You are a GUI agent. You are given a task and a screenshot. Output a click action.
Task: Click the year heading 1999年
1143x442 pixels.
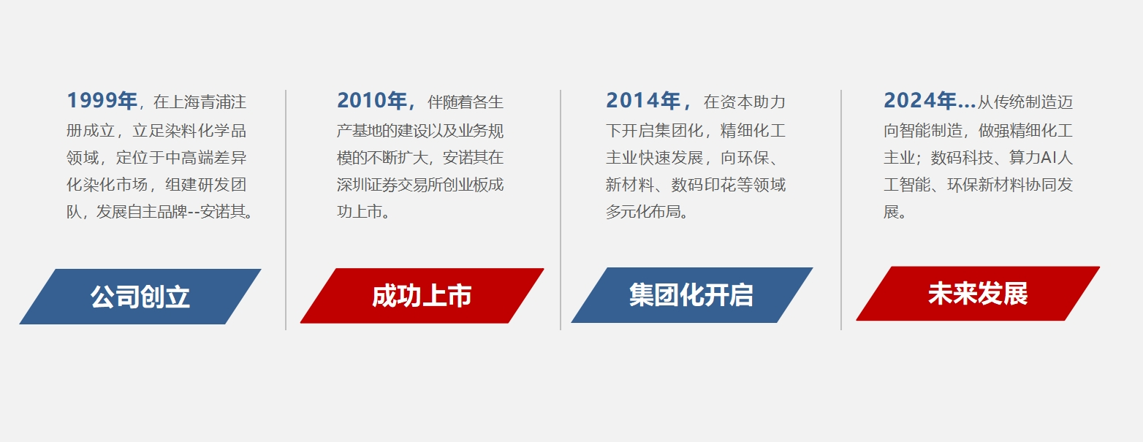(102, 101)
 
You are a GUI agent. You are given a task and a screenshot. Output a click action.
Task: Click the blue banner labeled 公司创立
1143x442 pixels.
(140, 297)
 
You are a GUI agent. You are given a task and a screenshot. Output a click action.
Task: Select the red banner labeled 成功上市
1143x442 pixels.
(422, 296)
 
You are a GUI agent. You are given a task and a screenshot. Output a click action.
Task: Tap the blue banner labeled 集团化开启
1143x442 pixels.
(691, 295)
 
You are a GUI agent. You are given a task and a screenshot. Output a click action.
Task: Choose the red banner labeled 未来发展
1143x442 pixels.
(978, 294)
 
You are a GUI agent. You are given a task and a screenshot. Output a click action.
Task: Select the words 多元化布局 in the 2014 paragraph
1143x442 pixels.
(646, 213)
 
